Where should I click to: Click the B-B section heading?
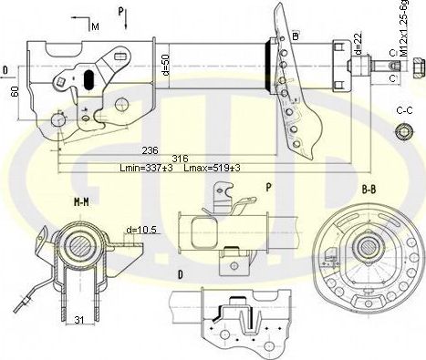click(369, 190)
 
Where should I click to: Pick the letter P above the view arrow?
click(120, 12)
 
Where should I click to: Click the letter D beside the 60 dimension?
click(6, 69)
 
